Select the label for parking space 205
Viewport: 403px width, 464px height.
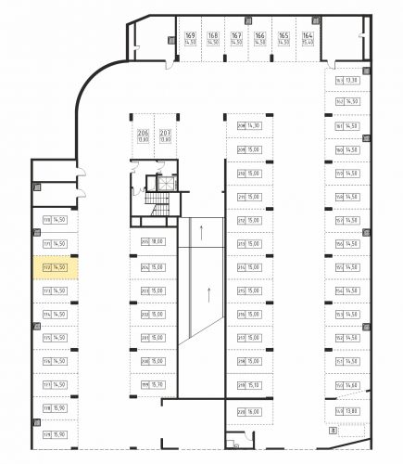(145, 242)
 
